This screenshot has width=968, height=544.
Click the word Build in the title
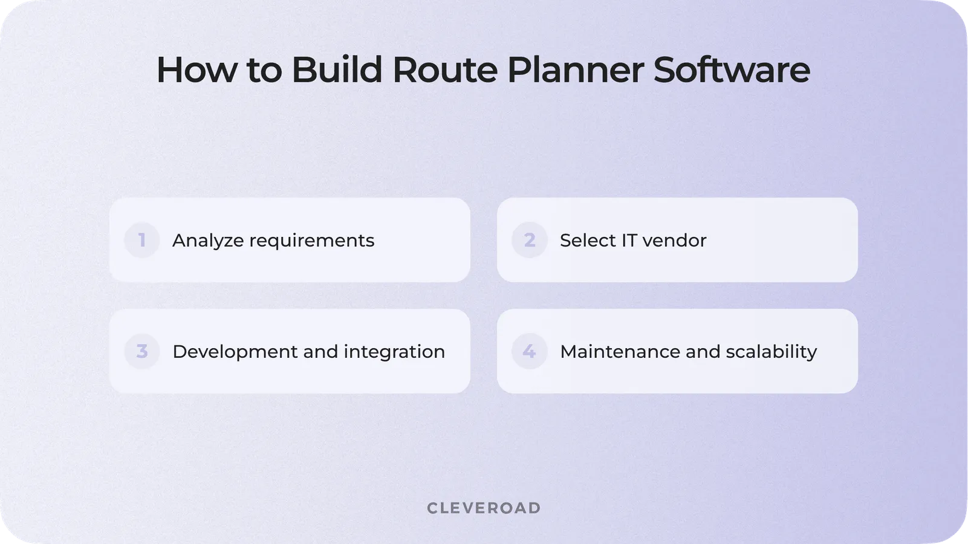point(337,70)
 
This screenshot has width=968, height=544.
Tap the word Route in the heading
point(444,70)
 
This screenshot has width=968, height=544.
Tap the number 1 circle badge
point(141,240)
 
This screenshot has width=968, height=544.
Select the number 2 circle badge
point(529,240)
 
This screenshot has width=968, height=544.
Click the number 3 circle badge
point(141,351)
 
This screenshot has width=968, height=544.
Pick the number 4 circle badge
point(529,351)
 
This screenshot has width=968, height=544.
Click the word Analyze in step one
point(208,241)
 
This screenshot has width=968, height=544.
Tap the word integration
point(394,352)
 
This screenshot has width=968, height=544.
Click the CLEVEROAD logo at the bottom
point(484,508)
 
